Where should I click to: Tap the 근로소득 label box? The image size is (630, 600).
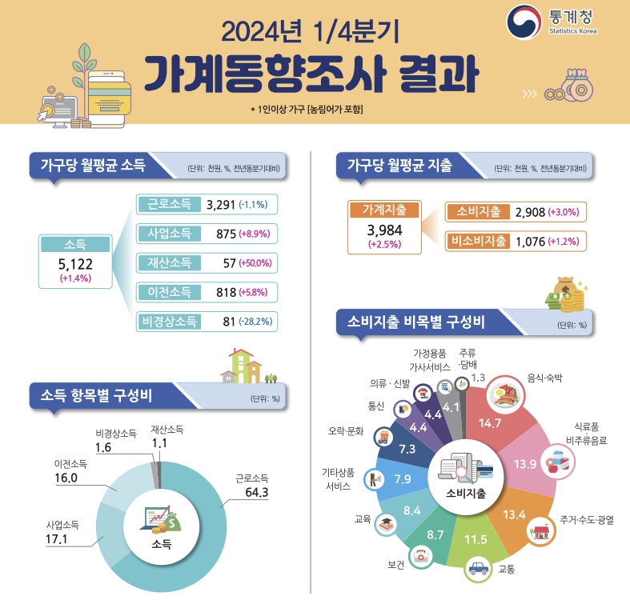(169, 205)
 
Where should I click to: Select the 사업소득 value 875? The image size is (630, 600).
(220, 234)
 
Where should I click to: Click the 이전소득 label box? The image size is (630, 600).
(169, 291)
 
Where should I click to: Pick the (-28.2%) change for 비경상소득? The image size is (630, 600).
(257, 321)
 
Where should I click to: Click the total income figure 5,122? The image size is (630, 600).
(75, 263)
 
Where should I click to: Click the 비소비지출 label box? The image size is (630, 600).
(479, 240)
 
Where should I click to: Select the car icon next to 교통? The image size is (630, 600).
(478, 570)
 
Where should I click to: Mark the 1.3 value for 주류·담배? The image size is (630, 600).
(479, 378)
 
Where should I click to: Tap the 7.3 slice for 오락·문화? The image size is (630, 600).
(406, 449)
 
